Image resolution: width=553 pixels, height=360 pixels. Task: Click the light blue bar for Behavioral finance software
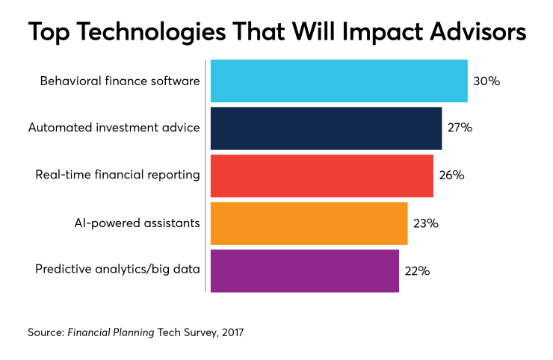point(339,81)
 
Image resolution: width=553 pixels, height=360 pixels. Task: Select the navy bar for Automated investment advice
point(326,128)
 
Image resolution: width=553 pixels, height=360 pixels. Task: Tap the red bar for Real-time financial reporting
point(321,176)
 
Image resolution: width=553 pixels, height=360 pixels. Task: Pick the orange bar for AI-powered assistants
point(309,223)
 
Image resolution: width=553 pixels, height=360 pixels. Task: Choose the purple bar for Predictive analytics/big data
point(304,270)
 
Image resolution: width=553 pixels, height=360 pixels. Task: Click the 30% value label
point(486,81)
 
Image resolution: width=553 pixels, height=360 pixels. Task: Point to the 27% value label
point(460,128)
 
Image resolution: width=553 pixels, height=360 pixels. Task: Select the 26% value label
point(451,176)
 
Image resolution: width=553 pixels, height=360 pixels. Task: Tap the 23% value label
point(425,223)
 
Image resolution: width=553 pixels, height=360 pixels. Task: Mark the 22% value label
point(417,270)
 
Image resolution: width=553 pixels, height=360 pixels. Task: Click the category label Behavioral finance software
point(120,81)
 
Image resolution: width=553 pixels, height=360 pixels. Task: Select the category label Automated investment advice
point(114,128)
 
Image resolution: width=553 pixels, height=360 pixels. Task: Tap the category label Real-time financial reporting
point(117,176)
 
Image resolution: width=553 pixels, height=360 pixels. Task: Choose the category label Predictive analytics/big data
point(117,270)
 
